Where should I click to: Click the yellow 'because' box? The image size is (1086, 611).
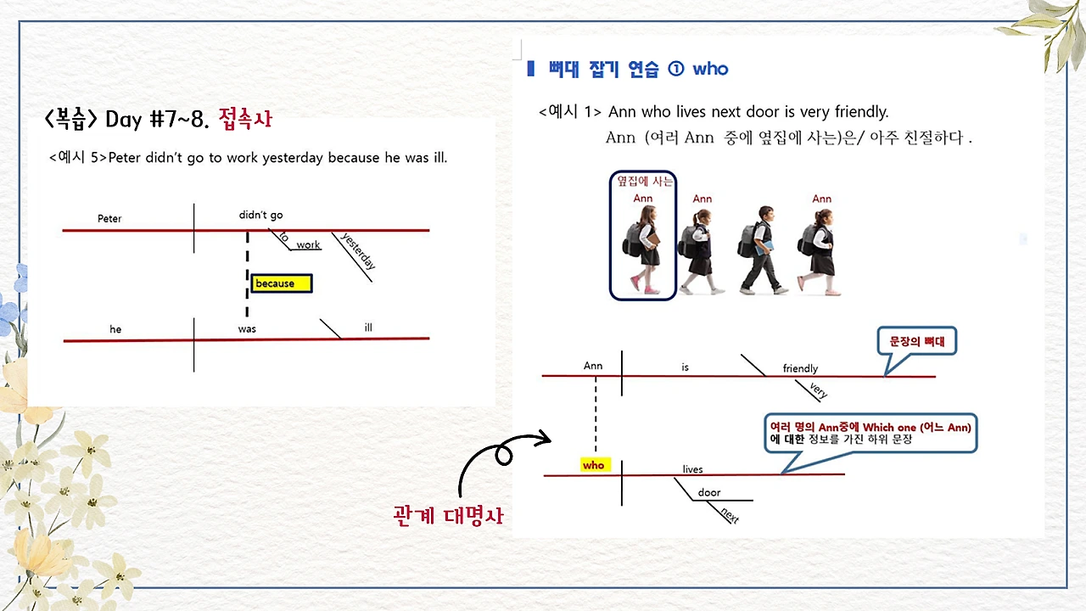pos(282,283)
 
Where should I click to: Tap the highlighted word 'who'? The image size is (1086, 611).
pos(594,465)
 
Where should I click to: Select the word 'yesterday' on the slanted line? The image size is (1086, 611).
pos(357,251)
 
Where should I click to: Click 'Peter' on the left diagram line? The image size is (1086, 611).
pos(109,219)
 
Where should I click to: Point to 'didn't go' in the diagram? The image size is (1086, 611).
pos(260,216)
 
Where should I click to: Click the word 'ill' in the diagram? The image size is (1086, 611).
pos(368,328)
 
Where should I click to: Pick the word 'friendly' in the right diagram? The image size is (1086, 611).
pos(800,368)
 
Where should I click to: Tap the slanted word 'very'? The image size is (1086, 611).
pos(818,390)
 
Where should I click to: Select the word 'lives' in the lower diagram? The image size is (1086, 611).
pos(692,469)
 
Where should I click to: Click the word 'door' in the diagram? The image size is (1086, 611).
pos(709,493)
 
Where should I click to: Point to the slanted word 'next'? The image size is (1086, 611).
pos(729,513)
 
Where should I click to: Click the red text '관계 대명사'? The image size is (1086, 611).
pos(448,515)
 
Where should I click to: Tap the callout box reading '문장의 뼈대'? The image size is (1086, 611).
pos(915,342)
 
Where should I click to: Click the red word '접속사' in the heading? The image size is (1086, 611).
pos(245,118)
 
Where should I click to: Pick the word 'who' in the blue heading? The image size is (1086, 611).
pos(710,69)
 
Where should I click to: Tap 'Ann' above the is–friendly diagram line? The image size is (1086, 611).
pos(593,366)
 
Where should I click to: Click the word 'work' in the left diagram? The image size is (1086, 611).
pos(308,245)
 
